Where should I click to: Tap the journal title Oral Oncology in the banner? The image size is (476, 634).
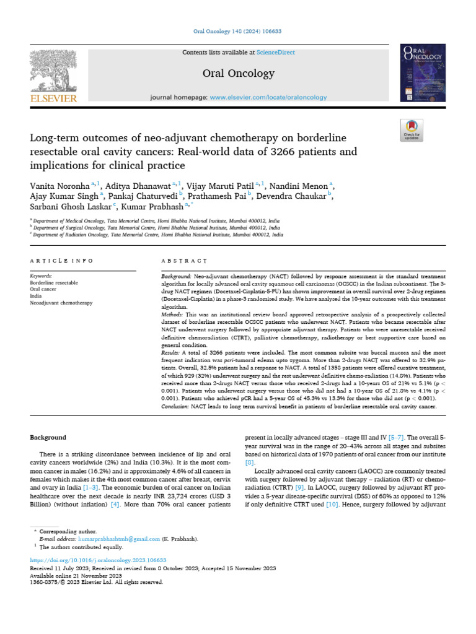coord(238,74)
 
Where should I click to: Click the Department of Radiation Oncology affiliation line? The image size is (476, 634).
coord(158,235)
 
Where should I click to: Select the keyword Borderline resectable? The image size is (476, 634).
coord(54,282)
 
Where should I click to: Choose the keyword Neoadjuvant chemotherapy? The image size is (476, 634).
coord(61,303)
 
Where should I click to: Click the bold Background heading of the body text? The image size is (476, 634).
coord(48,437)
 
